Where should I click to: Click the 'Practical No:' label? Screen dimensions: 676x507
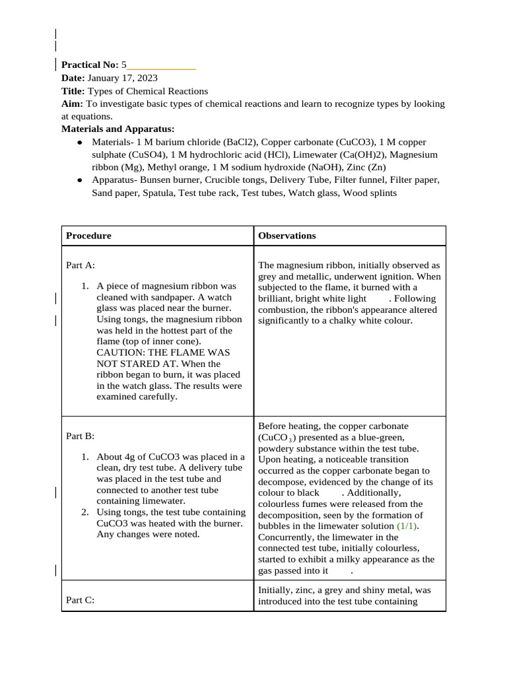90,65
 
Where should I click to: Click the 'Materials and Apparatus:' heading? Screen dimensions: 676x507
118,129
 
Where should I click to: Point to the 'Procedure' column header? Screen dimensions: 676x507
88,236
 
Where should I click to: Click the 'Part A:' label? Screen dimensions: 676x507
81,265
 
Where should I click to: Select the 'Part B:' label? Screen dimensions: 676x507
81,436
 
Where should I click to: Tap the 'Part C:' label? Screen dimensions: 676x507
81,600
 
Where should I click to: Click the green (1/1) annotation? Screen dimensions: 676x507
407,526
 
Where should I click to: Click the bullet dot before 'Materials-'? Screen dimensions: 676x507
80,143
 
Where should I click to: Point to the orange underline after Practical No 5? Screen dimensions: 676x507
161,69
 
